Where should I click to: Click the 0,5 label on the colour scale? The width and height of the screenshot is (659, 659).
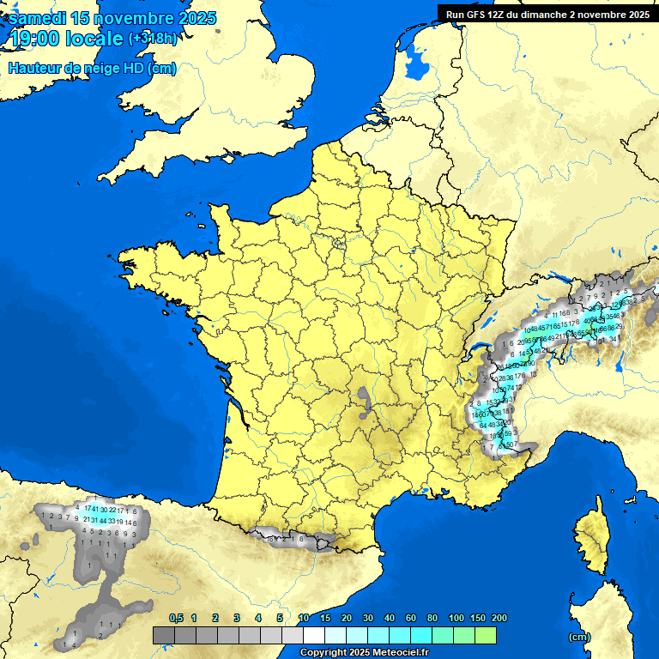point(176,618)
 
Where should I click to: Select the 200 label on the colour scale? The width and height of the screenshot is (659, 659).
point(499,618)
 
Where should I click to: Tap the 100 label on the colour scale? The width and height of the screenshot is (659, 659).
point(456,618)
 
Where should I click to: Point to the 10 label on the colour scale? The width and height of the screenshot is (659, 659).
point(303,618)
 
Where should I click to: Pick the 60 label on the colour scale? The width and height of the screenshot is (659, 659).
point(411,618)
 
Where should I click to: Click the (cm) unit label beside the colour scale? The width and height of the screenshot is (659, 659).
point(579,637)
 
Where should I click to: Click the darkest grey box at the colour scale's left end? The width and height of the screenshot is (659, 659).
point(164,636)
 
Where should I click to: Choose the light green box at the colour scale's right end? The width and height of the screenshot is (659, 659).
point(485,636)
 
